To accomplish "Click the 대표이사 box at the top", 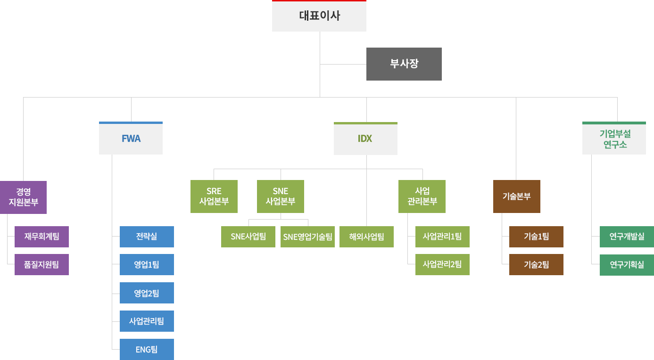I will [319, 16].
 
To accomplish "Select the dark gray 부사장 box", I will [403, 64].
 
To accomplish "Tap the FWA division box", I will [131, 139].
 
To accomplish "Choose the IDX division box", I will [365, 139].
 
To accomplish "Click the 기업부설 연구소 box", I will [613, 139].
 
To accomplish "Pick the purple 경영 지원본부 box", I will [24, 197].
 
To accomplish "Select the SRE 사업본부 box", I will [214, 196].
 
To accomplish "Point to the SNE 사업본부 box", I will [280, 196].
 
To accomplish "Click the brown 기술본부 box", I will [516, 196].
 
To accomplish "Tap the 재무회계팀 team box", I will [41, 237].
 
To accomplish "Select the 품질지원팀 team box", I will [41, 264].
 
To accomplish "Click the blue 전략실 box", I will [146, 237].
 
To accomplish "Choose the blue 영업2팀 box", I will [146, 293].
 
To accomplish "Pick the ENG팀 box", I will [146, 349].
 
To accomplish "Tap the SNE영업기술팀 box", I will [307, 237].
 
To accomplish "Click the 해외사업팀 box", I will [366, 237].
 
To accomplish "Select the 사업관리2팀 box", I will [442, 264].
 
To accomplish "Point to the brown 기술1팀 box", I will [536, 237].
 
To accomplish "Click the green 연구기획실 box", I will [626, 264].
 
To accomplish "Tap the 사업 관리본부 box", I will [422, 196].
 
